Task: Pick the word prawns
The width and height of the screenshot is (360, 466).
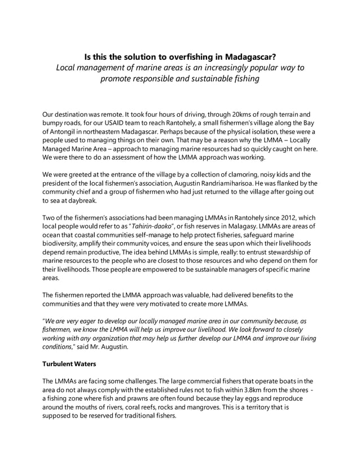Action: tap(138, 400)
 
